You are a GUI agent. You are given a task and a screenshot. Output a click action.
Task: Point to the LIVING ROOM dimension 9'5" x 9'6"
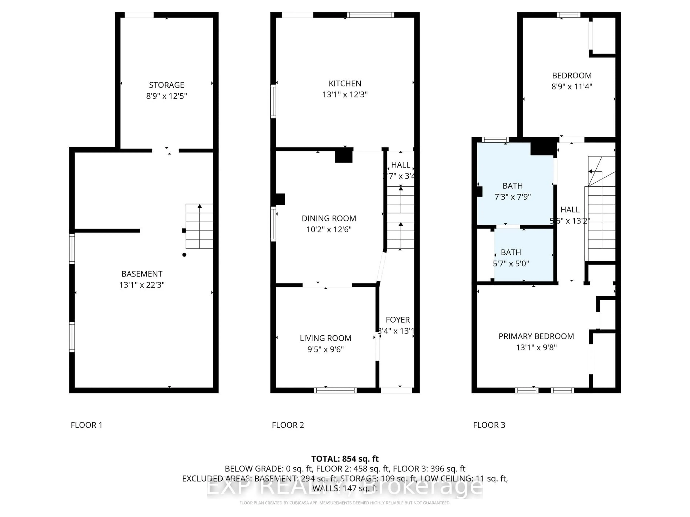(325, 349)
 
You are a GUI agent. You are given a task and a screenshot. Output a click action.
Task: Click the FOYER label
(397, 320)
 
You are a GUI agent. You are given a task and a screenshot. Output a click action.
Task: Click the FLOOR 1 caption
(86, 425)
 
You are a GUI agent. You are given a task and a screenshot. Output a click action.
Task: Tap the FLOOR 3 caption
(489, 425)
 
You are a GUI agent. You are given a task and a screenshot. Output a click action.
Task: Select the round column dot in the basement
(184, 255)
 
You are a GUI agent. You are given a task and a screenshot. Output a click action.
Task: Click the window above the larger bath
(495, 140)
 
